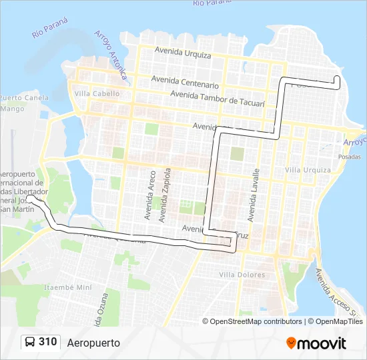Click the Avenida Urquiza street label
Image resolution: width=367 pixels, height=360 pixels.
tap(182, 52)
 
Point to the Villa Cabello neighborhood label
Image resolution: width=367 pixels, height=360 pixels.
tap(97, 94)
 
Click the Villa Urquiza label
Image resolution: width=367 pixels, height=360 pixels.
tap(308, 170)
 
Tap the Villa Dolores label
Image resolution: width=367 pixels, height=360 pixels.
tap(242, 275)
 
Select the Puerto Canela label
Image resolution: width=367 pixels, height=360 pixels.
tap(25, 98)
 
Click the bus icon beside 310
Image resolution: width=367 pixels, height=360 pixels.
tap(31, 342)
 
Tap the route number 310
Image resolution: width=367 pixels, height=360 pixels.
tap(48, 342)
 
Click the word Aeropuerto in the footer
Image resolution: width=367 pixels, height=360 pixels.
tap(93, 343)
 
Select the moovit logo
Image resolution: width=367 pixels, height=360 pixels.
tap(316, 343)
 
